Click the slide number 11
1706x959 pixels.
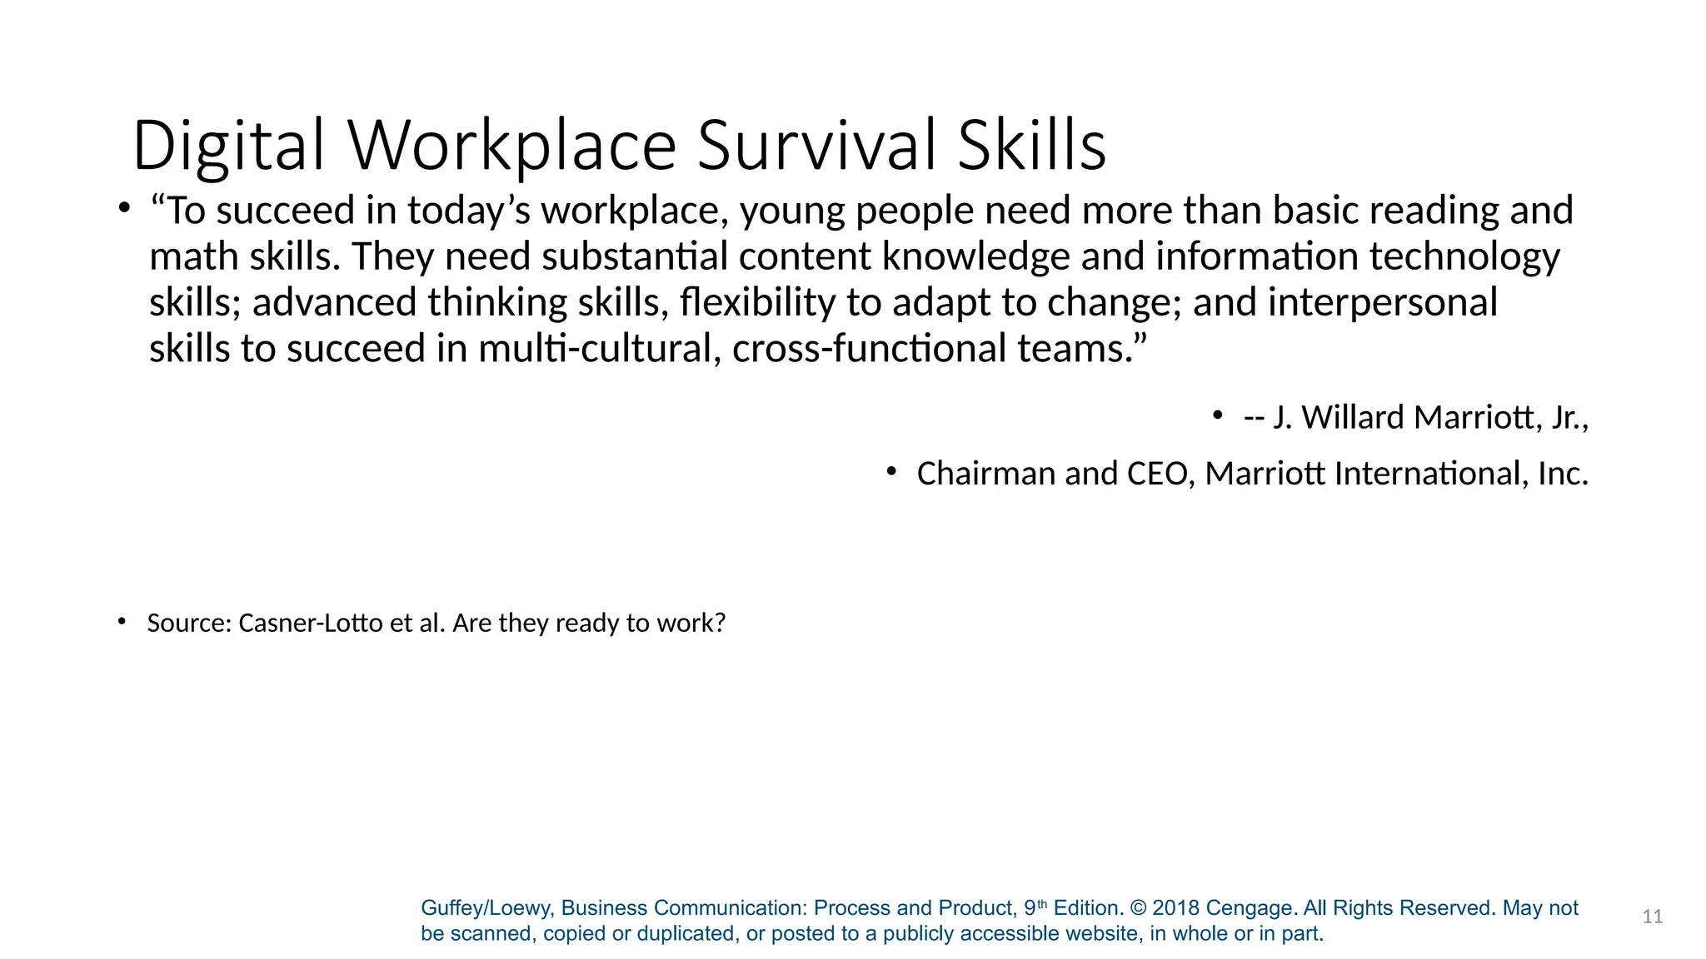1653,917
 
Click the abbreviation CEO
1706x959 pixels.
1157,474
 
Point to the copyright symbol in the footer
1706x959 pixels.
1138,908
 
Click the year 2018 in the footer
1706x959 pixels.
1175,908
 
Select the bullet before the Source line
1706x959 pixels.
122,621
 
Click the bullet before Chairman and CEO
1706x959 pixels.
891,472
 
